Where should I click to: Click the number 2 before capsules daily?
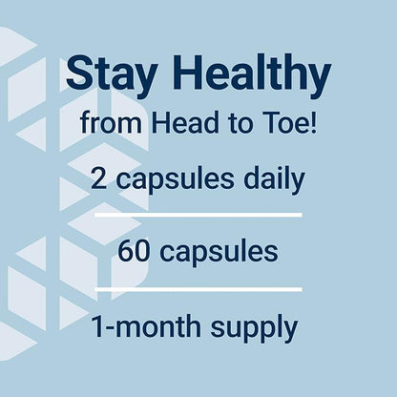(x=99, y=178)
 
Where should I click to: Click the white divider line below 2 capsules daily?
(x=198, y=215)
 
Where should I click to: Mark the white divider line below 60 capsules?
(x=198, y=288)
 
